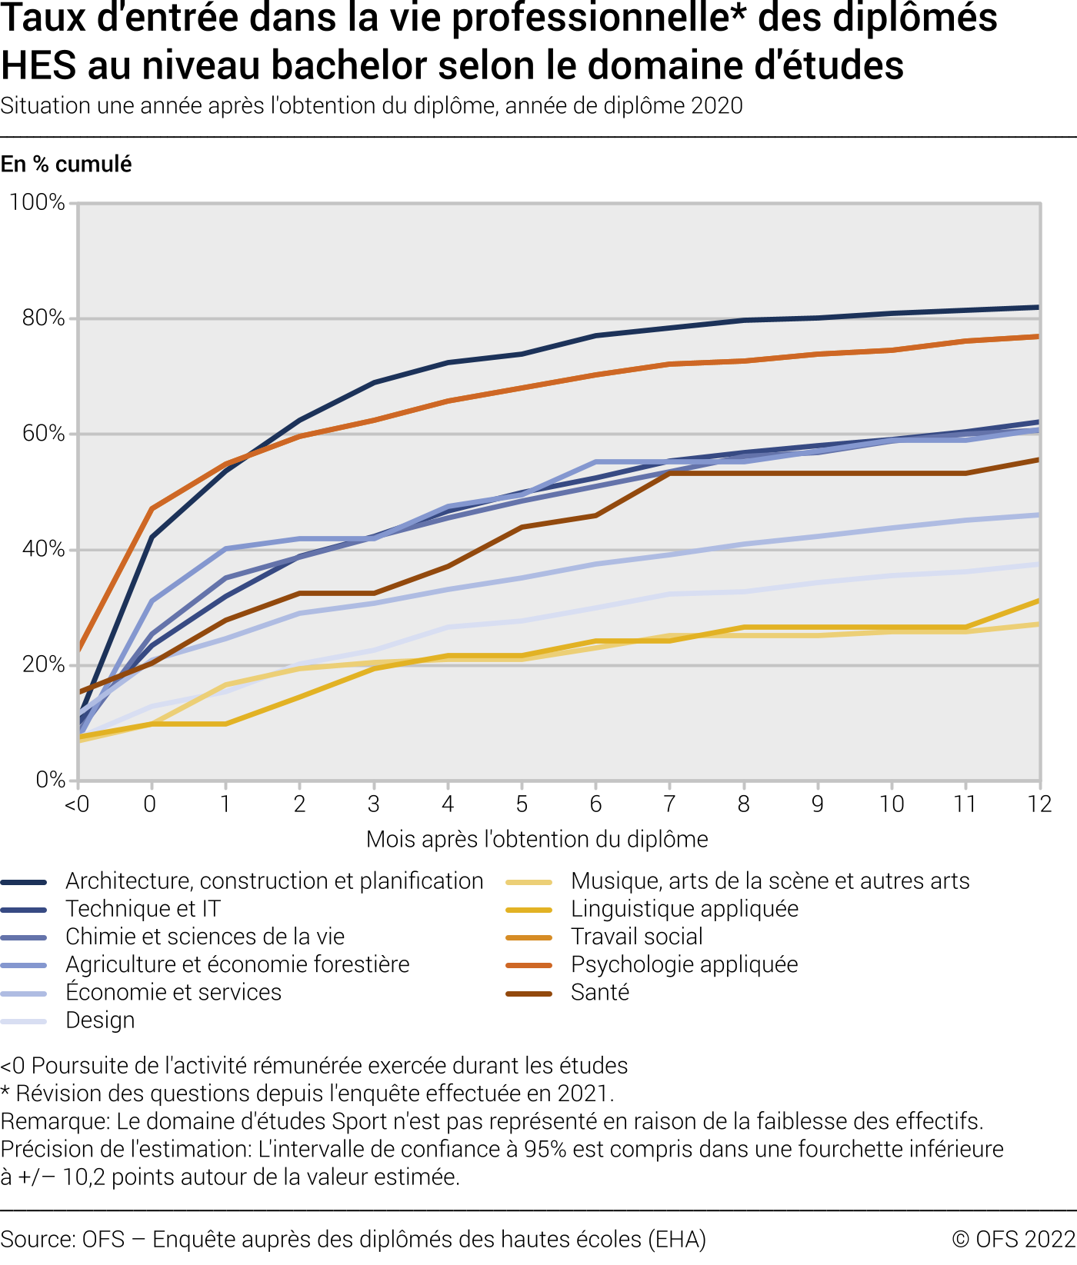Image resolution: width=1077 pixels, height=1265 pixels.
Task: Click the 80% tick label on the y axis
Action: [43, 318]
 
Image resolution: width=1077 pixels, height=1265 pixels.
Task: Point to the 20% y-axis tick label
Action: [43, 665]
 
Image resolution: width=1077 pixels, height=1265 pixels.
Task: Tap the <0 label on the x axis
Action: [76, 804]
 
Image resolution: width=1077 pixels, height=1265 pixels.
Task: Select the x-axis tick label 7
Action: [669, 804]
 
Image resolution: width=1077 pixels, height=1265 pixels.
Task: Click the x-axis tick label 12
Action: [1039, 804]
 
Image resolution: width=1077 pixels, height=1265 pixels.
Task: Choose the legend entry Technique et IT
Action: [143, 909]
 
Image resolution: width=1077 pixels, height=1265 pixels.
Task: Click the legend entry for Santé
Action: [600, 993]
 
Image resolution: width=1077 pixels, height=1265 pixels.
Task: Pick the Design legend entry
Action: [100, 1020]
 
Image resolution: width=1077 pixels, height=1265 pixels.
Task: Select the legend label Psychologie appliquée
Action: [684, 964]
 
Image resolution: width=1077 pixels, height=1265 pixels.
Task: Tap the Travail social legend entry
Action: [636, 937]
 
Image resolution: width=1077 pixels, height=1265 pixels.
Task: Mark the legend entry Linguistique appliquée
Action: [684, 909]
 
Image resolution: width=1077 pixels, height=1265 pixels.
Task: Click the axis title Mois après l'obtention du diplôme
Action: [537, 839]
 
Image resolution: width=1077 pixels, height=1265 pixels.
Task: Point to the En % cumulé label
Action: [66, 164]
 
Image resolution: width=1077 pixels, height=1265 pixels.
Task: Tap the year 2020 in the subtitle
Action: [717, 105]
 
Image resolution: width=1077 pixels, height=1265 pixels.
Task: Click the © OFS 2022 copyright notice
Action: [1013, 1239]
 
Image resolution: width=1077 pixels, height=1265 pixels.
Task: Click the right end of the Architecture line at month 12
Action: [1039, 308]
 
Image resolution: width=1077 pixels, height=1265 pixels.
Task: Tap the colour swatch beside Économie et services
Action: [24, 994]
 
